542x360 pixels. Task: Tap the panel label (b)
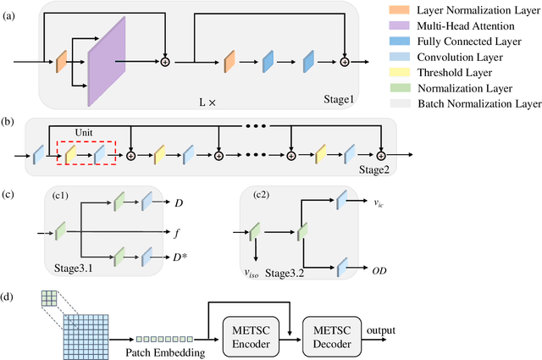(x=9, y=123)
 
